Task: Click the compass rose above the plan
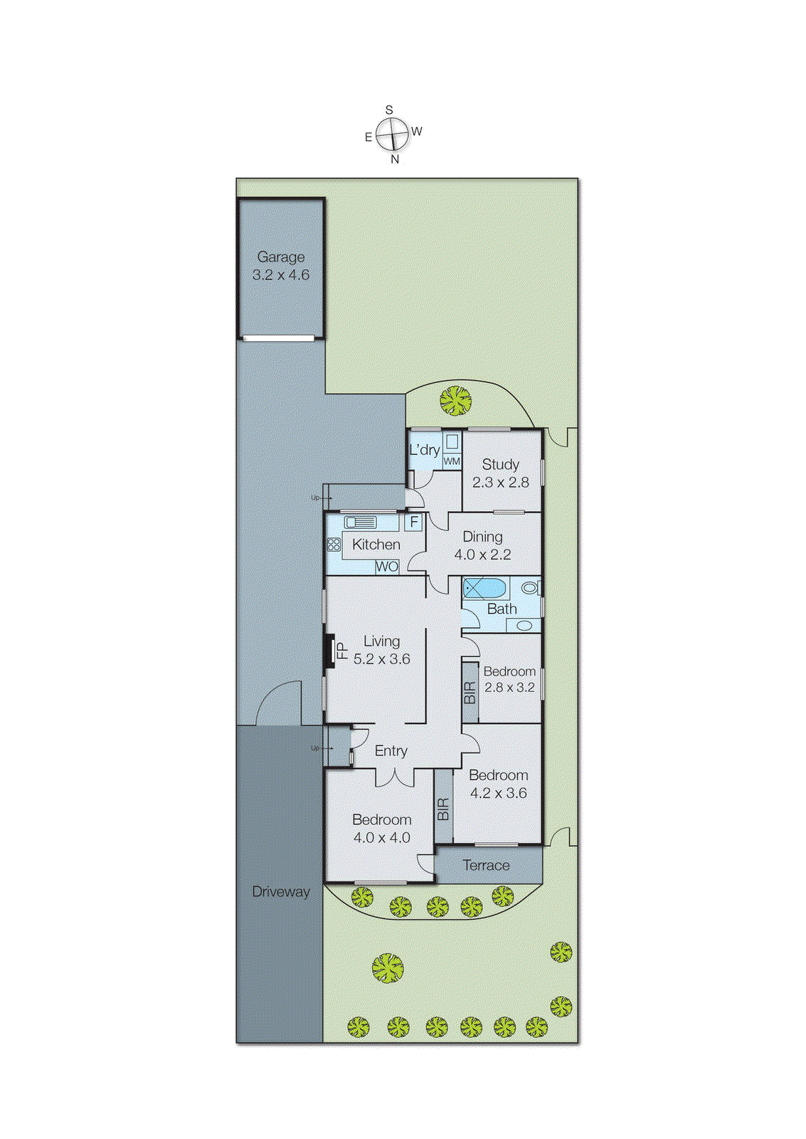pos(392,135)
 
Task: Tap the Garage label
pos(281,257)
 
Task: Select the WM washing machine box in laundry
pos(452,461)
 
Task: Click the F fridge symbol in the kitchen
pos(414,522)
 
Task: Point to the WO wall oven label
pos(387,567)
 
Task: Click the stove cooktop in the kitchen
pos(334,545)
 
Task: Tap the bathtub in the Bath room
pos(484,588)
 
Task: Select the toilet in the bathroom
pos(530,588)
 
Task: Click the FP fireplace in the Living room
pos(331,651)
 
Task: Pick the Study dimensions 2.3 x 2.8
pos(501,482)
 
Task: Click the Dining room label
pos(482,537)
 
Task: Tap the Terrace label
pos(486,865)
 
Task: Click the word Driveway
pos(281,891)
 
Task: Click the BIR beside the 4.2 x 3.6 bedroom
pos(443,809)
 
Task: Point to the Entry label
pos(391,750)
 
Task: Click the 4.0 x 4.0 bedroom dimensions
pos(382,838)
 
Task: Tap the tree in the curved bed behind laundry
pos(455,400)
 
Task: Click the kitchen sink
pos(361,523)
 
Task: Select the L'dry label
pos(424,450)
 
